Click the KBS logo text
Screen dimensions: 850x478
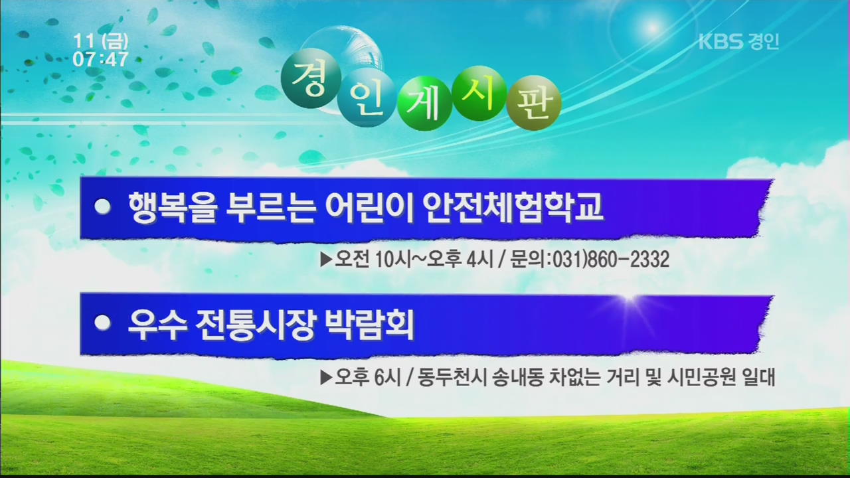coord(721,41)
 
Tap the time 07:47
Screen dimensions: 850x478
coord(100,59)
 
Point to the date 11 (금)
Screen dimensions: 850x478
coord(100,41)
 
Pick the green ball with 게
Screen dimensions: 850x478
coord(424,104)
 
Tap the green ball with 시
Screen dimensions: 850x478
coord(479,94)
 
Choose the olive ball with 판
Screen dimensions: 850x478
coord(533,103)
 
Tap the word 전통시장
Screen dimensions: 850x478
coord(255,325)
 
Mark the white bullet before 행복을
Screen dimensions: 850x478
coord(102,206)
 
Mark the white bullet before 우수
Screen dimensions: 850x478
coord(102,323)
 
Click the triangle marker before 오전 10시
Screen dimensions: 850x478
coord(326,260)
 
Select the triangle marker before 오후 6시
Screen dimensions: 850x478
coord(326,378)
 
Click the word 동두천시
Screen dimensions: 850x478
coord(452,378)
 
